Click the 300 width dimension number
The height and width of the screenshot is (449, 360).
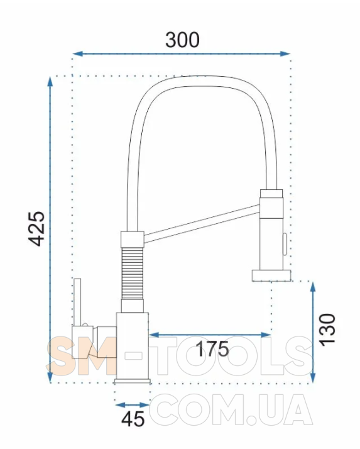point(182,40)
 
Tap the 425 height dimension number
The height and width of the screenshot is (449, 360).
point(37,229)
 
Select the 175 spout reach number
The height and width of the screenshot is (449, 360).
point(212,349)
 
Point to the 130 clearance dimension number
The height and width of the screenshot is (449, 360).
point(327,330)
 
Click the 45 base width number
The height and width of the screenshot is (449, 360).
point(133,419)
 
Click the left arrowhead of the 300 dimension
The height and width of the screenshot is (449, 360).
point(77,53)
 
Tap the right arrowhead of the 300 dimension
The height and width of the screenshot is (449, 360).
point(285,53)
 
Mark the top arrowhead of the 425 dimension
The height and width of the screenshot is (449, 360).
point(50,81)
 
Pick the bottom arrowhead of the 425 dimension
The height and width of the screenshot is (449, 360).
point(50,377)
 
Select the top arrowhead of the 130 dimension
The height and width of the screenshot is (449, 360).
point(313,287)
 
